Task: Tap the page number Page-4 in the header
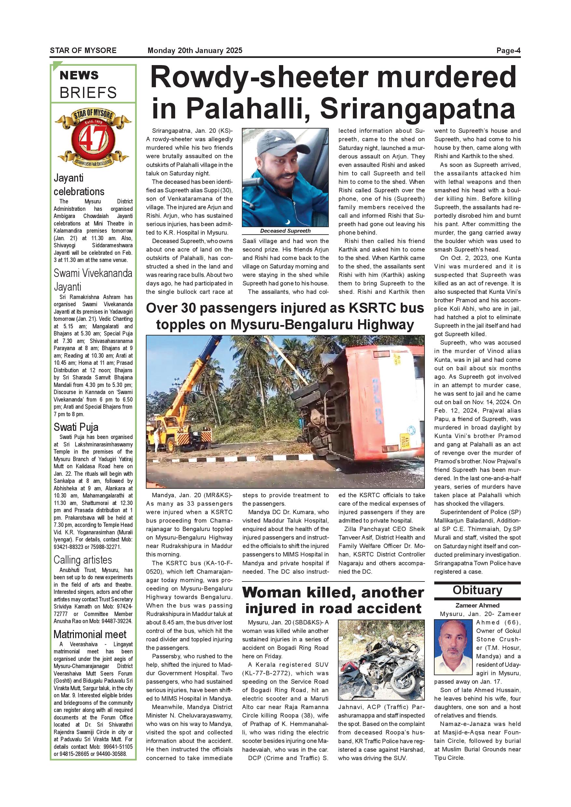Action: click(x=508, y=50)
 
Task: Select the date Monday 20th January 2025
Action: click(x=195, y=50)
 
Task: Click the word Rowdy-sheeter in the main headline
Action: click(x=259, y=78)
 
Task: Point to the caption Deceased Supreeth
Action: click(x=285, y=231)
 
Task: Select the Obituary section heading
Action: click(x=477, y=590)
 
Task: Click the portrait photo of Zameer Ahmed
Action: click(x=453, y=647)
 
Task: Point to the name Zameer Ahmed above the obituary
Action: click(x=477, y=605)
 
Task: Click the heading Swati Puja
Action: click(x=76, y=427)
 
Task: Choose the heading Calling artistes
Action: click(x=83, y=560)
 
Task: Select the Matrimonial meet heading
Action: click(x=90, y=635)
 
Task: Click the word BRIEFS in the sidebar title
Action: click(x=88, y=93)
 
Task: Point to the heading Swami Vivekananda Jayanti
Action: click(x=93, y=280)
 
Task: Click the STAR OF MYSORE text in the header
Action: click(x=83, y=50)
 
